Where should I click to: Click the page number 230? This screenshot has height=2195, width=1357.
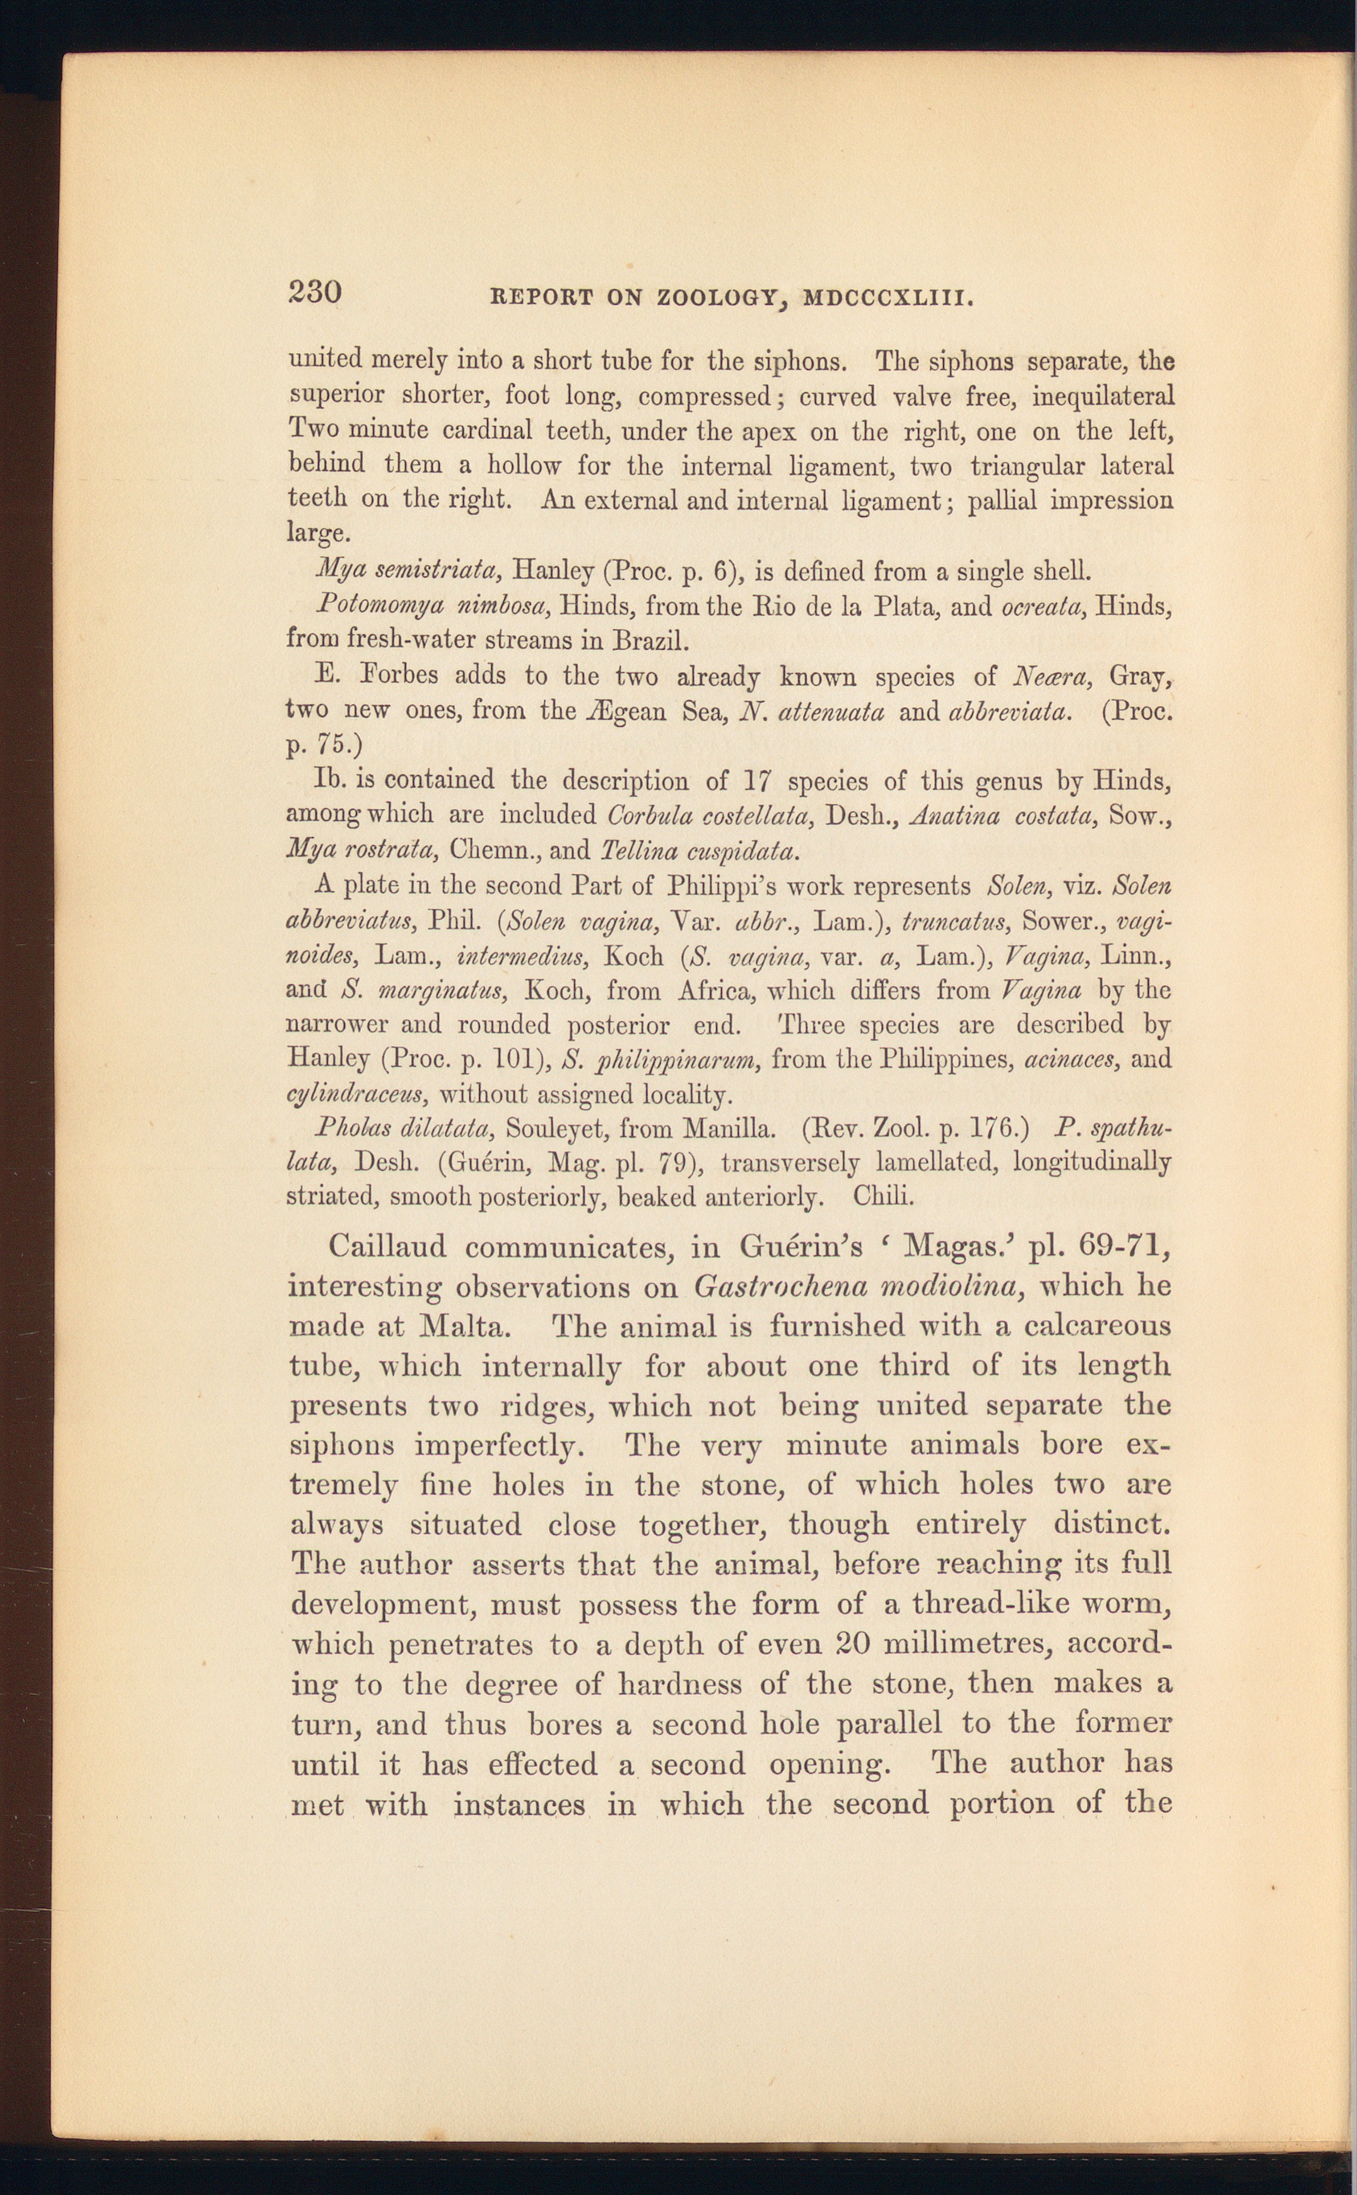tap(314, 293)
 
